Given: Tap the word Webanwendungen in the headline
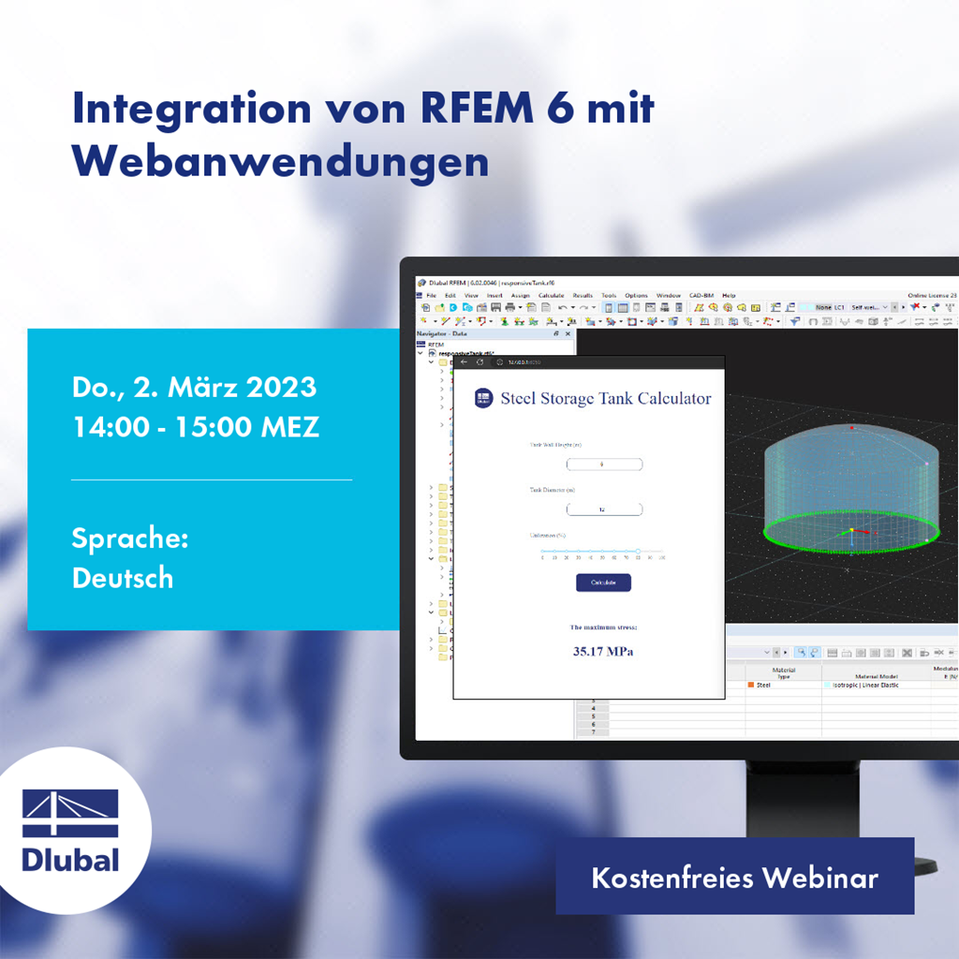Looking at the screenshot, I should point(281,161).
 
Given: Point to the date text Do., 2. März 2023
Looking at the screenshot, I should point(194,387).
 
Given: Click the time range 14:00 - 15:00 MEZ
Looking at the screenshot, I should point(196,427).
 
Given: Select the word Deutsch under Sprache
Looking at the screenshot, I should point(123,578).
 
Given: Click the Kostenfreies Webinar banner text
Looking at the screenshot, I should point(734,878).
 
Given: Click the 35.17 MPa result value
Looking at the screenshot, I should point(602,651).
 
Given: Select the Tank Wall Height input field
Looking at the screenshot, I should point(604,465).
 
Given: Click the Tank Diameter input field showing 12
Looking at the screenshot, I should point(604,509).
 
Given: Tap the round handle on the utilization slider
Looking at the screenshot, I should point(638,552).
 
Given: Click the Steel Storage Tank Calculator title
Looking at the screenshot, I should point(605,399).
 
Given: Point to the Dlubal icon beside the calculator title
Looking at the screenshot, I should point(483,398).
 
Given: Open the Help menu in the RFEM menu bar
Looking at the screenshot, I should point(729,295).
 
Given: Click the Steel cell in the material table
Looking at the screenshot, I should point(763,685).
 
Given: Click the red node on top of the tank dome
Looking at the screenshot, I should point(851,428).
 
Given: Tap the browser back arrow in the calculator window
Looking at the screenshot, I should point(465,361).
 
